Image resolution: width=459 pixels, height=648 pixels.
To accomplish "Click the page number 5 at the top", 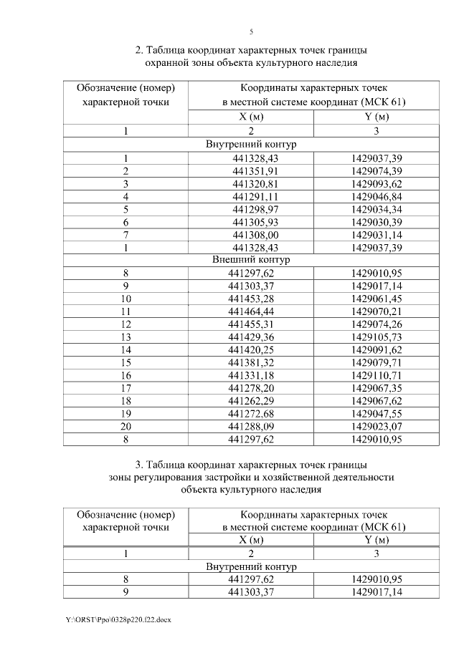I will [251, 32].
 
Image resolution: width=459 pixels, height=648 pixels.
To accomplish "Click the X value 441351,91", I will [251, 170].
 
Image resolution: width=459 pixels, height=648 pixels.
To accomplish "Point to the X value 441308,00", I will [251, 234].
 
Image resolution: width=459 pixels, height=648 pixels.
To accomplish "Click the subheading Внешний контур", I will [251, 260].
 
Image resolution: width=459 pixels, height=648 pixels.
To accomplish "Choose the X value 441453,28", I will [251, 298].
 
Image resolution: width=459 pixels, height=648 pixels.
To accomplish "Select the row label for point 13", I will [126, 337].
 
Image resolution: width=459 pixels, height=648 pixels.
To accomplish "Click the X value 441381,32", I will [251, 362].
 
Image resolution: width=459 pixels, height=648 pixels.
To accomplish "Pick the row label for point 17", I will [126, 388].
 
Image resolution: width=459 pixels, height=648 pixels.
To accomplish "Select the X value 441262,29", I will [251, 401].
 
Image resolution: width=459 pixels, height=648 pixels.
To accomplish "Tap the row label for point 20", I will [126, 427].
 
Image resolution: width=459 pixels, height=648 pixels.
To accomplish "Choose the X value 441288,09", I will [251, 427].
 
